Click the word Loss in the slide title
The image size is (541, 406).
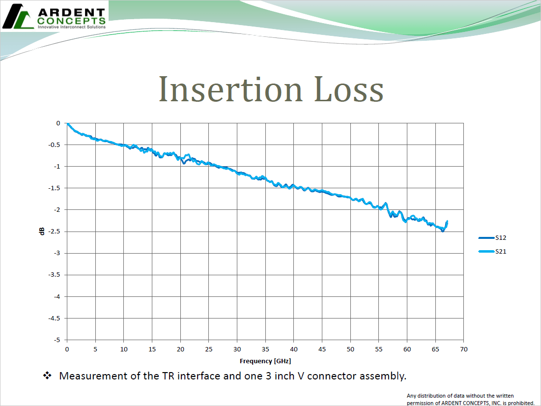tap(348, 89)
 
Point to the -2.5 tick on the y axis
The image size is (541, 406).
tap(56, 232)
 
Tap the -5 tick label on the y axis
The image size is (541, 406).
tap(58, 340)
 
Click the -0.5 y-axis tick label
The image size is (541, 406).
tap(56, 145)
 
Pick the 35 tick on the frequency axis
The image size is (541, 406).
tap(265, 349)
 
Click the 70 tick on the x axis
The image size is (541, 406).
tap(463, 349)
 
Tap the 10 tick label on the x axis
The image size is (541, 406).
tap(123, 349)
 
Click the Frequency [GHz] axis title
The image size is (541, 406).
tap(265, 361)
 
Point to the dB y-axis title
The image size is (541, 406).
tap(42, 231)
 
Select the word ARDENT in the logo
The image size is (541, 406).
tap(71, 12)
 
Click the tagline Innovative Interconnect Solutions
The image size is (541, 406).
tap(72, 27)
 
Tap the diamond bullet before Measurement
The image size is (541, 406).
tap(48, 376)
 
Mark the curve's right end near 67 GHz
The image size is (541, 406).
tap(447, 222)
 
